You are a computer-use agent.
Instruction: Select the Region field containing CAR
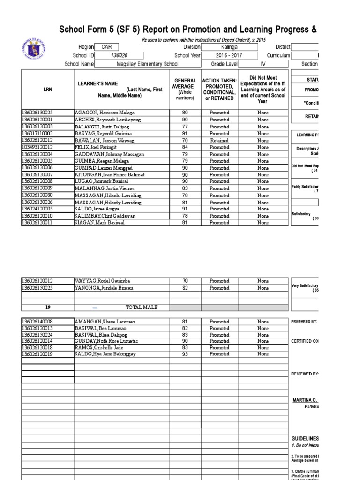(106, 47)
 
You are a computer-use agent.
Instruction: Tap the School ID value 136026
(119, 55)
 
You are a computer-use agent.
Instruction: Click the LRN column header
(47, 89)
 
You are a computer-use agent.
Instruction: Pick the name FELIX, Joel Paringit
(96, 147)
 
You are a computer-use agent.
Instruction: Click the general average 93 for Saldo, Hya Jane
(185, 354)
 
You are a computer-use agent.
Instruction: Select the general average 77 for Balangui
(185, 127)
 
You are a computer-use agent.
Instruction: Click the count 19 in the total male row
(47, 307)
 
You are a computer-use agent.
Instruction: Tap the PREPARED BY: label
(304, 322)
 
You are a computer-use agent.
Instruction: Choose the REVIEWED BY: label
(305, 374)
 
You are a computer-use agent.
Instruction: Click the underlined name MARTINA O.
(305, 400)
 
